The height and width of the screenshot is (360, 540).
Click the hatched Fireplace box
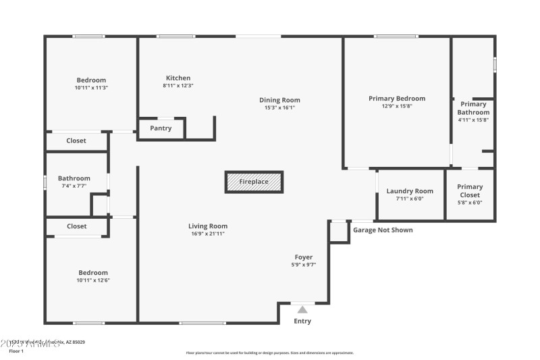tap(254, 182)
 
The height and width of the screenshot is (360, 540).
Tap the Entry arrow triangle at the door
tap(302, 309)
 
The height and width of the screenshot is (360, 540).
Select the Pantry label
tap(161, 128)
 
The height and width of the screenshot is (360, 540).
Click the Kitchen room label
tap(178, 78)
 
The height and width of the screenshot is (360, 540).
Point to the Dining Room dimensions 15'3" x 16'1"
tap(279, 107)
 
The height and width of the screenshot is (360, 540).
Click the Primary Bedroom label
tap(397, 99)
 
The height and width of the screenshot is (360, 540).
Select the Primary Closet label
tap(470, 190)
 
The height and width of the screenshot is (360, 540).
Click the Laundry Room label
tap(410, 191)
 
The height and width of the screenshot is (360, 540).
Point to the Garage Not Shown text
tap(383, 230)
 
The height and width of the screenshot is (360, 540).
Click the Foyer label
tap(303, 257)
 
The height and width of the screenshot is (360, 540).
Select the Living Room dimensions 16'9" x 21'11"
tap(208, 234)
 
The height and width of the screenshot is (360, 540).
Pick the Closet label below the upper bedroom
tap(76, 141)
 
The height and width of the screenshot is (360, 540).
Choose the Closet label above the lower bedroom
tap(76, 226)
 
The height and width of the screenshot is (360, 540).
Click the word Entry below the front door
tap(302, 322)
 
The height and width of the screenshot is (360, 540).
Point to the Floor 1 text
tap(16, 351)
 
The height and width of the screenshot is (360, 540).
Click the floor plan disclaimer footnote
tap(269, 353)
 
